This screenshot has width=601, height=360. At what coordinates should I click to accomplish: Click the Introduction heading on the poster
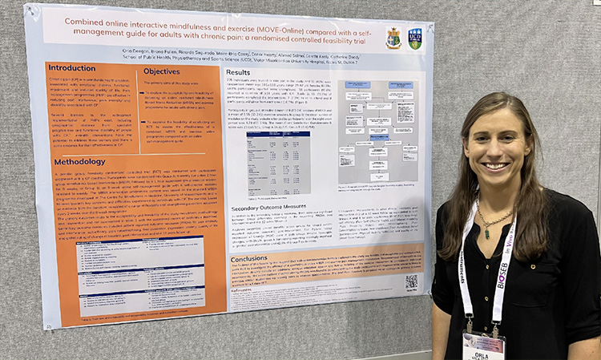(x=73, y=67)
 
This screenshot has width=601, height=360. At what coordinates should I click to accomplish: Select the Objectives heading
(x=161, y=71)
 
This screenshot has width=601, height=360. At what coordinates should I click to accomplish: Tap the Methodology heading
(x=79, y=161)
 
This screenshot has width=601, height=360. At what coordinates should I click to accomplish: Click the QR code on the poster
(x=411, y=281)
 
